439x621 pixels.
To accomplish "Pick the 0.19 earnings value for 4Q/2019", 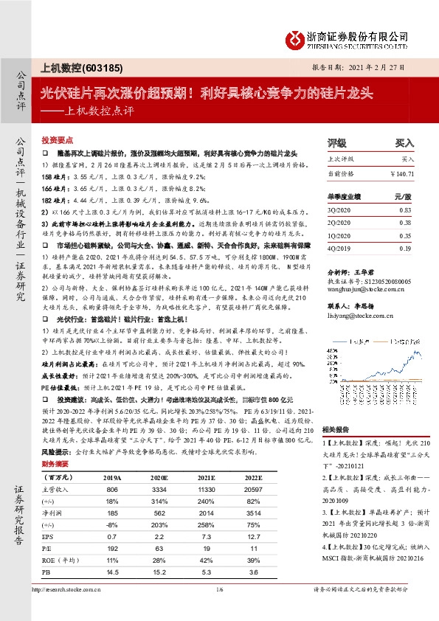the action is point(405,249).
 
